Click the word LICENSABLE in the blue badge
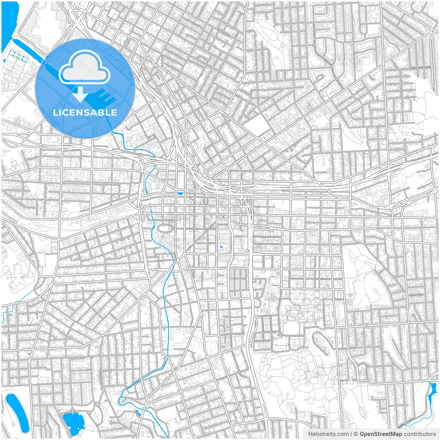[x=85, y=112]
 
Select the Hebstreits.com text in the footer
[x=328, y=434]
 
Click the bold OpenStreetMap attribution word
[x=381, y=434]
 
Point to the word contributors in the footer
[x=420, y=434]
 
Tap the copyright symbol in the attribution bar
[x=356, y=434]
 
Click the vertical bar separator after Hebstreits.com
[x=351, y=434]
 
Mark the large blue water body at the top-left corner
[x=9, y=24]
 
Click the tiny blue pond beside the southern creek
[x=138, y=412]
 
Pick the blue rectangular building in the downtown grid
[x=180, y=194]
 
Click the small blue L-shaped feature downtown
[x=221, y=247]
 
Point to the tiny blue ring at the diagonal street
[x=206, y=231]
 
